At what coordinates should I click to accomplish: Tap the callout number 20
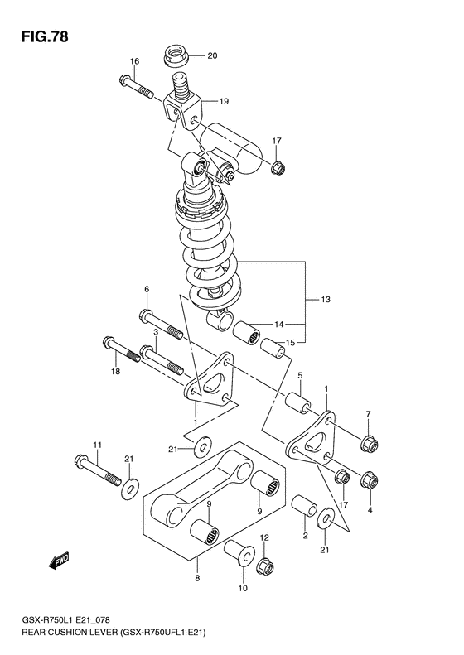(211, 56)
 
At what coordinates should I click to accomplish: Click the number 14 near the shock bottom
(278, 324)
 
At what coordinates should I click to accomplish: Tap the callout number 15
(290, 343)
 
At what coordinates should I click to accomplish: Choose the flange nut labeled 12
(266, 568)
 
